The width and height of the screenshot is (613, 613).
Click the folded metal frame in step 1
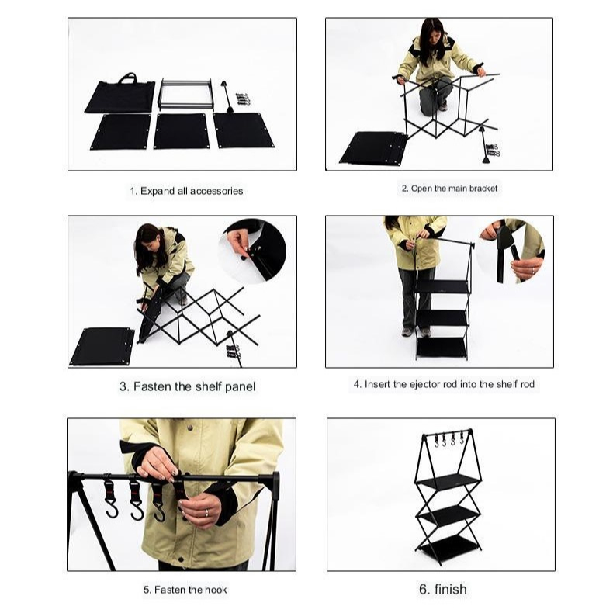pos(185,94)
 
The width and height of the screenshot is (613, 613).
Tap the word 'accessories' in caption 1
pos(216,191)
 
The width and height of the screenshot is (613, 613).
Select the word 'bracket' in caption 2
pos(483,189)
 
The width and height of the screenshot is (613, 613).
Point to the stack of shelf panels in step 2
pos(373,147)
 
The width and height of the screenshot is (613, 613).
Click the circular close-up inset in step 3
pos(252,251)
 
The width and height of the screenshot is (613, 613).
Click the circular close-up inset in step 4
pos(511,251)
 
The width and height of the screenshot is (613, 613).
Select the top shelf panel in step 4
pos(442,287)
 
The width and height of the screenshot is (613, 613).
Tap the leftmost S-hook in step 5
pos(111,498)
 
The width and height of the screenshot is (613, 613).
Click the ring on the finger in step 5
pos(207,513)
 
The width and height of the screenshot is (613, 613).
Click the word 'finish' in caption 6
pos(450,589)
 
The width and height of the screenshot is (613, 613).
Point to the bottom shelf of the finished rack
pos(448,548)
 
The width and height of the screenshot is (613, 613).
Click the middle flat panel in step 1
pos(180,131)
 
